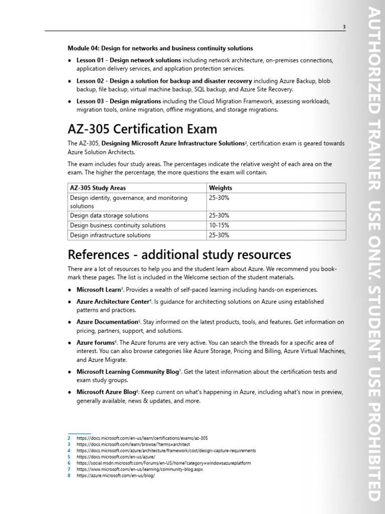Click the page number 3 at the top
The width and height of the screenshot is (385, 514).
pyautogui.click(x=344, y=27)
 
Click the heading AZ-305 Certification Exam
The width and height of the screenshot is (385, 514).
pyautogui.click(x=142, y=130)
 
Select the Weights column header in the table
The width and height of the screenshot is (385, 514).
pyautogui.click(x=220, y=188)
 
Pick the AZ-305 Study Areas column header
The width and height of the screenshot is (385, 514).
pyautogui.click(x=98, y=188)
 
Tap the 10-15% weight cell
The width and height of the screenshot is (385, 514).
pyautogui.click(x=219, y=225)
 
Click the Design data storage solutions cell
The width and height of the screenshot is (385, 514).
pyautogui.click(x=109, y=216)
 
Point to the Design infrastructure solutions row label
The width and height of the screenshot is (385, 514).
pyautogui.click(x=110, y=235)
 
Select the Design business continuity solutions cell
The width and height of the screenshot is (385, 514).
pyautogui.click(x=118, y=225)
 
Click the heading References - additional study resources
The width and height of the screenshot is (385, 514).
pyautogui.click(x=179, y=254)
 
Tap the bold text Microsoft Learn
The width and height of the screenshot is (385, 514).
pyautogui.click(x=99, y=290)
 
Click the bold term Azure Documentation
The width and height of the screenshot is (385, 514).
pyautogui.click(x=107, y=322)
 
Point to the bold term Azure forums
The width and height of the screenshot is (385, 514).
pyautogui.click(x=95, y=342)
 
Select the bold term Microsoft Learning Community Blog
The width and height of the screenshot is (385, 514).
pyautogui.click(x=127, y=372)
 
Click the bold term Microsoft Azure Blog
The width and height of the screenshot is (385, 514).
pyautogui.click(x=106, y=392)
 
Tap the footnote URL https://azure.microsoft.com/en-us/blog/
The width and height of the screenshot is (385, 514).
pyautogui.click(x=116, y=476)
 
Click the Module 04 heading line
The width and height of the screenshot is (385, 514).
pyautogui.click(x=160, y=48)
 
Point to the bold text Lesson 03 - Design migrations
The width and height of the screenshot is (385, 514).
pyautogui.click(x=119, y=101)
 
